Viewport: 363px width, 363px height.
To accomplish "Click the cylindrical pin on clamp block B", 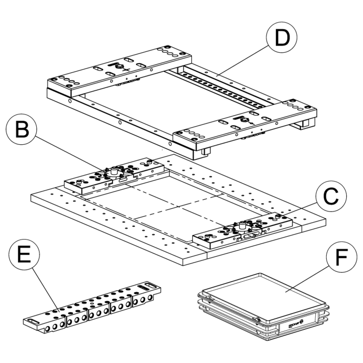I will [x=115, y=171].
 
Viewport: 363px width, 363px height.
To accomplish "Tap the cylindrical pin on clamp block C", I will [x=242, y=225].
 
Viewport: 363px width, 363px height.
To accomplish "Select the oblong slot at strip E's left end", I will [x=33, y=321].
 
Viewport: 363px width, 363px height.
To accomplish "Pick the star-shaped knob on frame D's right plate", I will [x=245, y=120].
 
